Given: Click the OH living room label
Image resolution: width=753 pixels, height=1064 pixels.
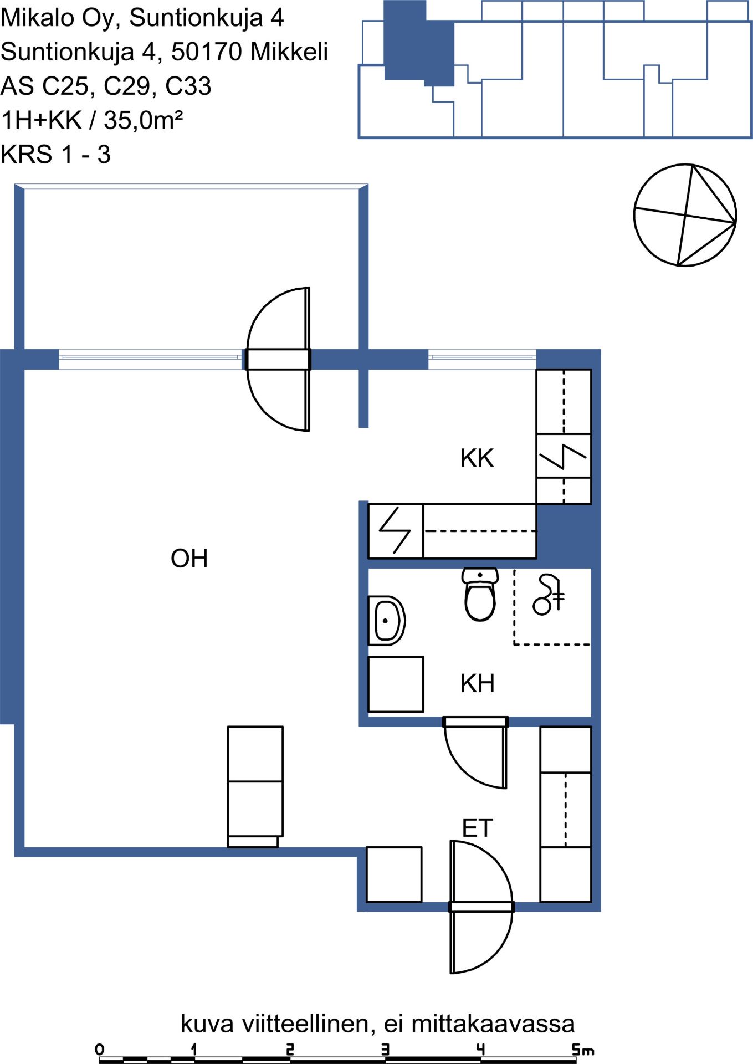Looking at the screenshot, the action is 189,559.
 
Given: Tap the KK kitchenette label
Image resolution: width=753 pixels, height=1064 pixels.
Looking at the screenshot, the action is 477,458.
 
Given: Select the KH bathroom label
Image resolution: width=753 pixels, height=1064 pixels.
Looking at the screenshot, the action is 477,683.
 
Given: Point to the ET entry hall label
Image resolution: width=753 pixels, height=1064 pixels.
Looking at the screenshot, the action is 477,828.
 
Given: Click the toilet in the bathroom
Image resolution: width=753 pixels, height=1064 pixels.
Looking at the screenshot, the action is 480,594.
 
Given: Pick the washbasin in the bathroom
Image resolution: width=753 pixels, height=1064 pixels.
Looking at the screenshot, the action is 387,621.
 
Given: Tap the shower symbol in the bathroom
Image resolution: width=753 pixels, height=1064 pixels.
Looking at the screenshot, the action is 549,595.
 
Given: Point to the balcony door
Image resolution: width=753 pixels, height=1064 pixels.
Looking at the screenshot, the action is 278,359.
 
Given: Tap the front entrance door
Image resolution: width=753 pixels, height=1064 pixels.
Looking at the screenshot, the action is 481,907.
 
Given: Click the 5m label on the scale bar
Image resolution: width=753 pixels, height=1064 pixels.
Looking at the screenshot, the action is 583,1049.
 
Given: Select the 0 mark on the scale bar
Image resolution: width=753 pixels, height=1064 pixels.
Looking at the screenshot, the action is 100,1049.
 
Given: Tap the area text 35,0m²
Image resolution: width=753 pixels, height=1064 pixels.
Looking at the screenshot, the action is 144,120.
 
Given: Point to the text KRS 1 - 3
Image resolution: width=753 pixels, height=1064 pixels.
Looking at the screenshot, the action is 55,154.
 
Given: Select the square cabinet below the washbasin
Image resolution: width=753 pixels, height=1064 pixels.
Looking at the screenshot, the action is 396,684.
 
